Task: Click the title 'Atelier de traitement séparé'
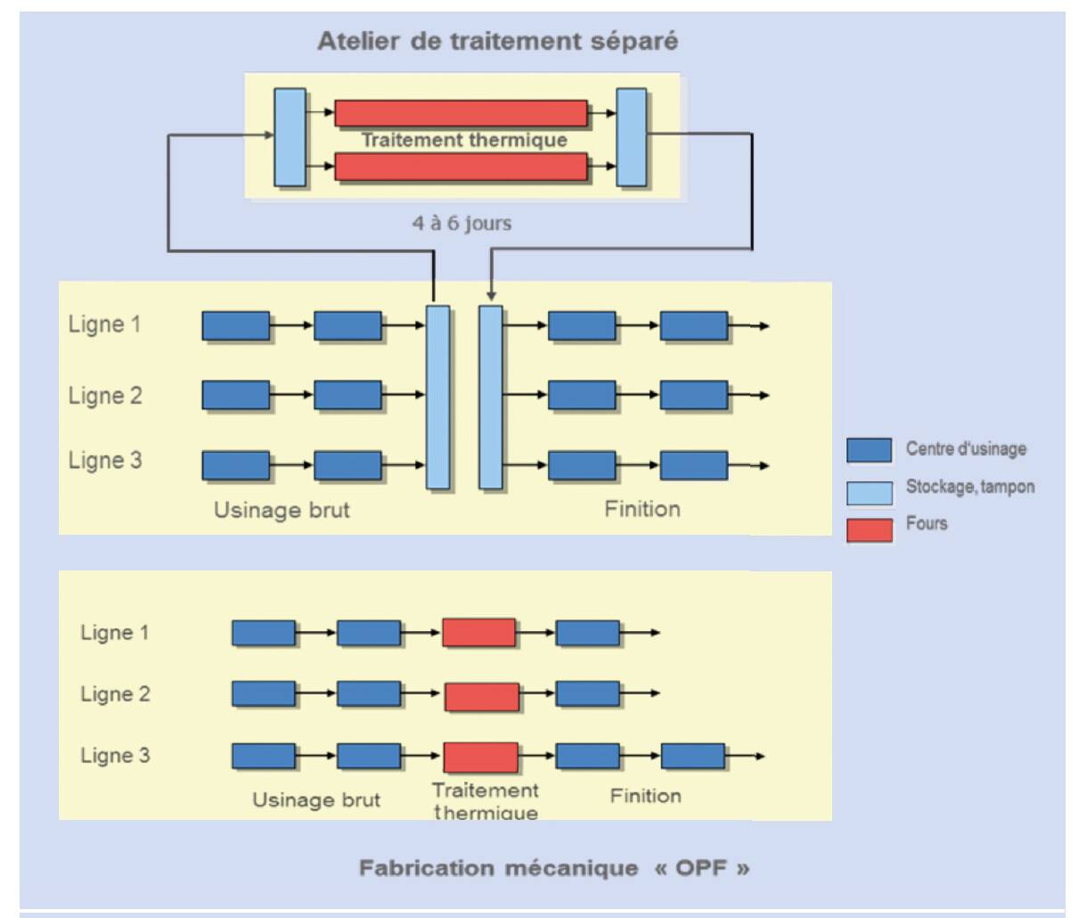[497, 41]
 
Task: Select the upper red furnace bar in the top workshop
[461, 113]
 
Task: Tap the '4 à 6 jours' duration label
[462, 223]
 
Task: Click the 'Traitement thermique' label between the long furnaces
[463, 140]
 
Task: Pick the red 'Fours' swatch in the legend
[869, 530]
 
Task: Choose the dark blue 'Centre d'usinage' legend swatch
[869, 450]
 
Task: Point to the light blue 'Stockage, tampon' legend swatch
[869, 493]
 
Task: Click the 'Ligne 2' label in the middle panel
[105, 395]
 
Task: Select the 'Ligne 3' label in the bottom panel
[115, 756]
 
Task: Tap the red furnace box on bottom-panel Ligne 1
[479, 633]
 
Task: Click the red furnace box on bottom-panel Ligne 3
[480, 758]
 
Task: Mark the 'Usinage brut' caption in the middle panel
[282, 510]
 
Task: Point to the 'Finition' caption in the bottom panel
[645, 796]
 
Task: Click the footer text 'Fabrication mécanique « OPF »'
[554, 868]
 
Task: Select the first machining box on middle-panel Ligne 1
[236, 326]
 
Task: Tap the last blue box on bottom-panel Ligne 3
[693, 757]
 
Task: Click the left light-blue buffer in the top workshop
[290, 137]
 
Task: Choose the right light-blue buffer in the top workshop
[632, 137]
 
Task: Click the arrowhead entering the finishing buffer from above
[491, 296]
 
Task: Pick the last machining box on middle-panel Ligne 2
[693, 396]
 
